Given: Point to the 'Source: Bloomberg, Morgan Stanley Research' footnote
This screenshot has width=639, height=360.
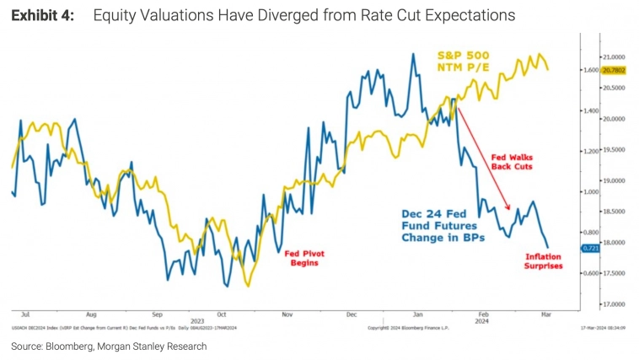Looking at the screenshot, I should pos(109,347).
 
